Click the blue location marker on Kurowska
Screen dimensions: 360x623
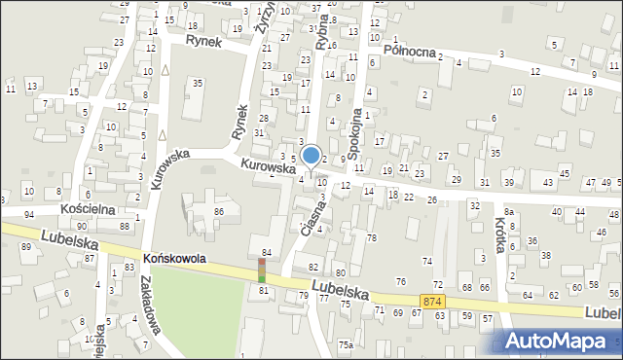point(311,156)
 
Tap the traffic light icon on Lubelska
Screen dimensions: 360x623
point(261,270)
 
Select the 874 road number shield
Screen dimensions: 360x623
point(434,303)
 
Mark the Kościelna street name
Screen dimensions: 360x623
point(88,209)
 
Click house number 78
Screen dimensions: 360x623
point(371,237)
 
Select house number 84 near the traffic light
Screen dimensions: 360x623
point(266,253)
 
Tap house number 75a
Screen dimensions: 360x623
point(345,344)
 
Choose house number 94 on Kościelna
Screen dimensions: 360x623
point(29,213)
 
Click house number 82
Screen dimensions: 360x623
point(312,267)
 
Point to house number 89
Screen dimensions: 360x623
point(25,247)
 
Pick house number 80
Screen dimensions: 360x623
point(340,272)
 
